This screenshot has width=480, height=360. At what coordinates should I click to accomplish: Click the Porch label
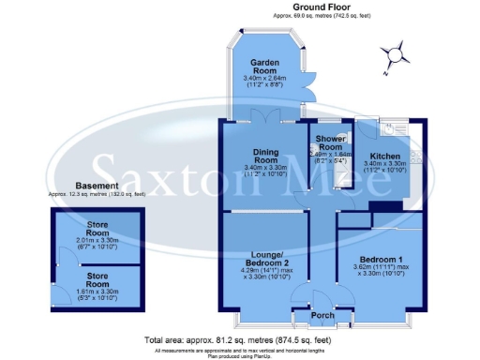[x=322, y=315]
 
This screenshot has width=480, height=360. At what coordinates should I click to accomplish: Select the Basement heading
[x=97, y=187]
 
